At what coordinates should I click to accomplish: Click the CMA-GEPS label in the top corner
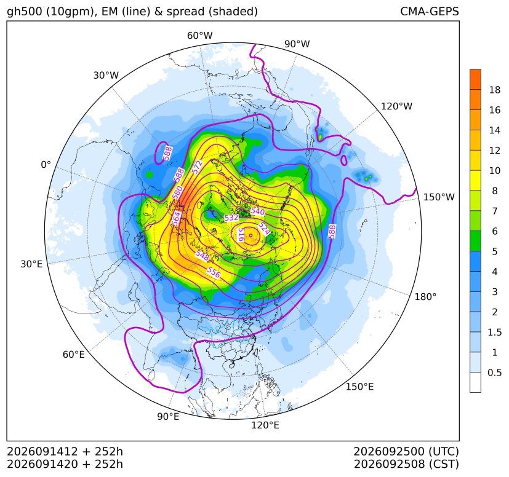430,11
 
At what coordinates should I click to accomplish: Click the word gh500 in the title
25,12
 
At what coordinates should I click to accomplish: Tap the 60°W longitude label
199,36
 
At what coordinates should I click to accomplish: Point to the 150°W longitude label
439,197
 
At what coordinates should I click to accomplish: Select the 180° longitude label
425,297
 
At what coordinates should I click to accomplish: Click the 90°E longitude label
168,417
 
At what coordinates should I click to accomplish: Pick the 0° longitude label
46,165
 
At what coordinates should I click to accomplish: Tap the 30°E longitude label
31,264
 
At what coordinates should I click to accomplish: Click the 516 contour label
241,234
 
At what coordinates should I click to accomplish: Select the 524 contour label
264,229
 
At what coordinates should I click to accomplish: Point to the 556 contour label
214,272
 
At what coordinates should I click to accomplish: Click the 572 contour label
197,167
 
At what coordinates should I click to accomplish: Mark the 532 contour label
231,218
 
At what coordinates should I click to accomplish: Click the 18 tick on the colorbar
495,90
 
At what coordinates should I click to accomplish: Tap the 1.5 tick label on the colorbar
495,333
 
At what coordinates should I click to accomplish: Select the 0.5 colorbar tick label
495,373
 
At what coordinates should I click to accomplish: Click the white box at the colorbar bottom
475,382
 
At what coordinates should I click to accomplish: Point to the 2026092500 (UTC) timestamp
406,452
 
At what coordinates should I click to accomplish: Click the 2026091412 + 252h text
65,452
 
